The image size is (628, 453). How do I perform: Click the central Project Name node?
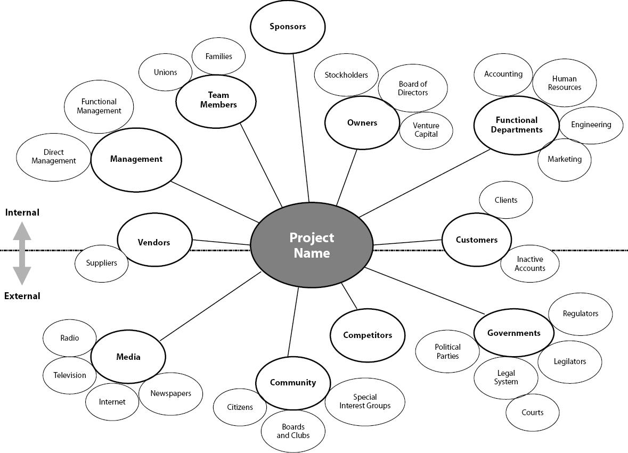tap(312, 245)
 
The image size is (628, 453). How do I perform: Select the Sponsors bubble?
tap(288, 27)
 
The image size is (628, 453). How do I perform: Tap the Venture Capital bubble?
tap(426, 129)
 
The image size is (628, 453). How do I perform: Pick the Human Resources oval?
tap(565, 83)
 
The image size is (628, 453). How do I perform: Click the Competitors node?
tap(368, 335)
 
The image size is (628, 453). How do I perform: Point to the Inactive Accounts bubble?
tap(530, 263)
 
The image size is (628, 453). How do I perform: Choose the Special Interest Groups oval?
tap(365, 401)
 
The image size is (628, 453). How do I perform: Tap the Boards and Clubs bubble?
tap(293, 431)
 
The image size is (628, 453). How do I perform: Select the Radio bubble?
tap(70, 338)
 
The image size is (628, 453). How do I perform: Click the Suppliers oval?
tap(101, 263)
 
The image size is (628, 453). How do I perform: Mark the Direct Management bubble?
tap(53, 157)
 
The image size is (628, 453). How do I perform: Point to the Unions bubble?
tap(165, 72)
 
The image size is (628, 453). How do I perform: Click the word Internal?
tap(22, 212)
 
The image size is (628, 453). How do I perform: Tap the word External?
tap(22, 296)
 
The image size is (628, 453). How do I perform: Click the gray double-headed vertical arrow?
tap(22, 253)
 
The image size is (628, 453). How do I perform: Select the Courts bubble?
tap(533, 413)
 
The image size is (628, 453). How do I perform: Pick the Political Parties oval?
tap(447, 351)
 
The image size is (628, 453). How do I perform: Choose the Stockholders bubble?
tap(346, 75)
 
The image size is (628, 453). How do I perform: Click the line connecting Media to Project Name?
tap(210, 306)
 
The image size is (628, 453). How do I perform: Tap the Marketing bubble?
tap(565, 159)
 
